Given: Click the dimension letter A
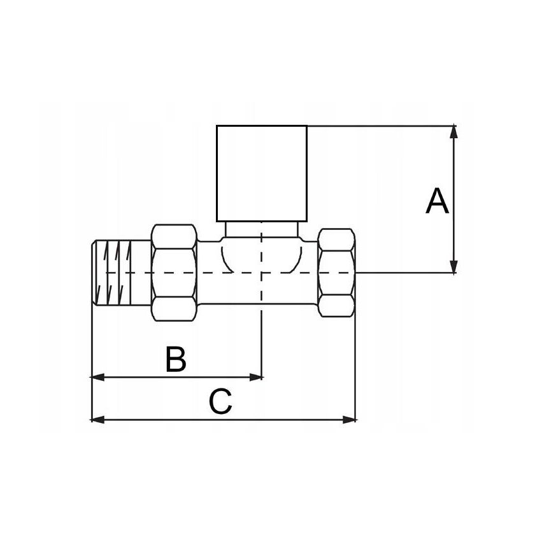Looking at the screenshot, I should click(437, 202).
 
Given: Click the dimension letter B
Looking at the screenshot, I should click(176, 359).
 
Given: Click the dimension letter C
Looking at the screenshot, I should click(220, 403).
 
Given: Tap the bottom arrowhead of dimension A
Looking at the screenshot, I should click(453, 267).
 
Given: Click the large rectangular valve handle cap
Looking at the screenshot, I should click(261, 173).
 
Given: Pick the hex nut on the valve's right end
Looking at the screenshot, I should click(336, 272).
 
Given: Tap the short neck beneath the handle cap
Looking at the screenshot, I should click(261, 229).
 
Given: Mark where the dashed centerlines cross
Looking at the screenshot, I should click(262, 273).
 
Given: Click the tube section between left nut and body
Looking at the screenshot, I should click(208, 273).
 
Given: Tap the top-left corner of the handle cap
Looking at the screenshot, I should click(217, 125).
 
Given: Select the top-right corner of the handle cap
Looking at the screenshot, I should click(306, 125).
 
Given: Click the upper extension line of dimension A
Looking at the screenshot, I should click(382, 125).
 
